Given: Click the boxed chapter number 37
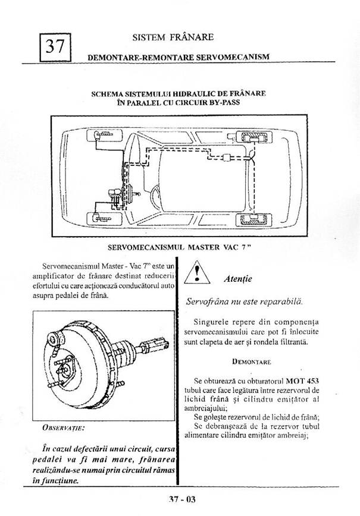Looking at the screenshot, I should [55, 46].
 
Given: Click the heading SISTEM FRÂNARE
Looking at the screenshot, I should [174, 37].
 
